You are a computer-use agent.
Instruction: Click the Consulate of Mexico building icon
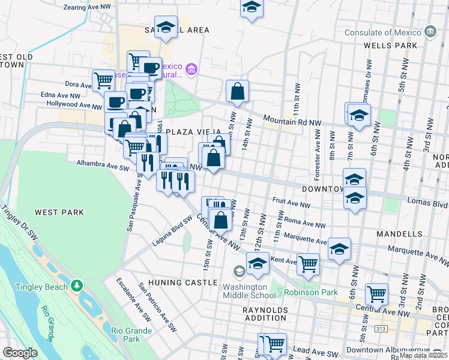[430, 31]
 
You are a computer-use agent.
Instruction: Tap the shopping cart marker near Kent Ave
[308, 263]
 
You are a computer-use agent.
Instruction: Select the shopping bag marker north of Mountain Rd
[238, 91]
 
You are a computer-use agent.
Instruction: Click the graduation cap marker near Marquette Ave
[339, 248]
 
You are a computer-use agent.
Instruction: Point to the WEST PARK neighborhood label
[59, 212]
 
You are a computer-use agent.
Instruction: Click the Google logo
[20, 353]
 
